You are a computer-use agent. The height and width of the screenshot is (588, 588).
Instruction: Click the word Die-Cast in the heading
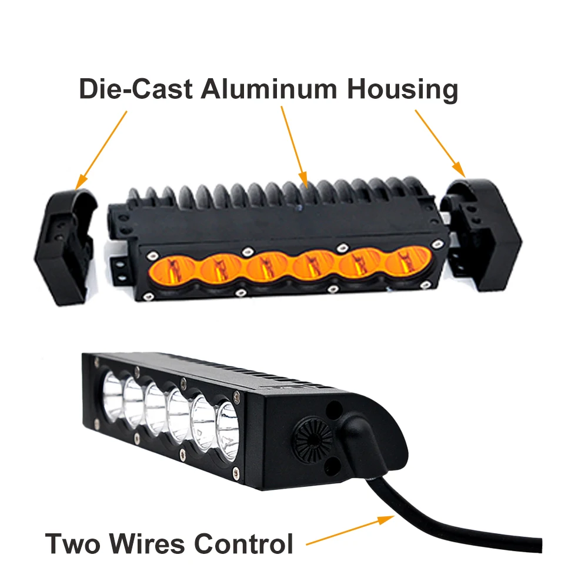pos(135,89)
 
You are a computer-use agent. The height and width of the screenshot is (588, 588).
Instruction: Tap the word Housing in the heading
pos(402,89)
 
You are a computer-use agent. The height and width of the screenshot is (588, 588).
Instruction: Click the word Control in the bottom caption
pos(245,543)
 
